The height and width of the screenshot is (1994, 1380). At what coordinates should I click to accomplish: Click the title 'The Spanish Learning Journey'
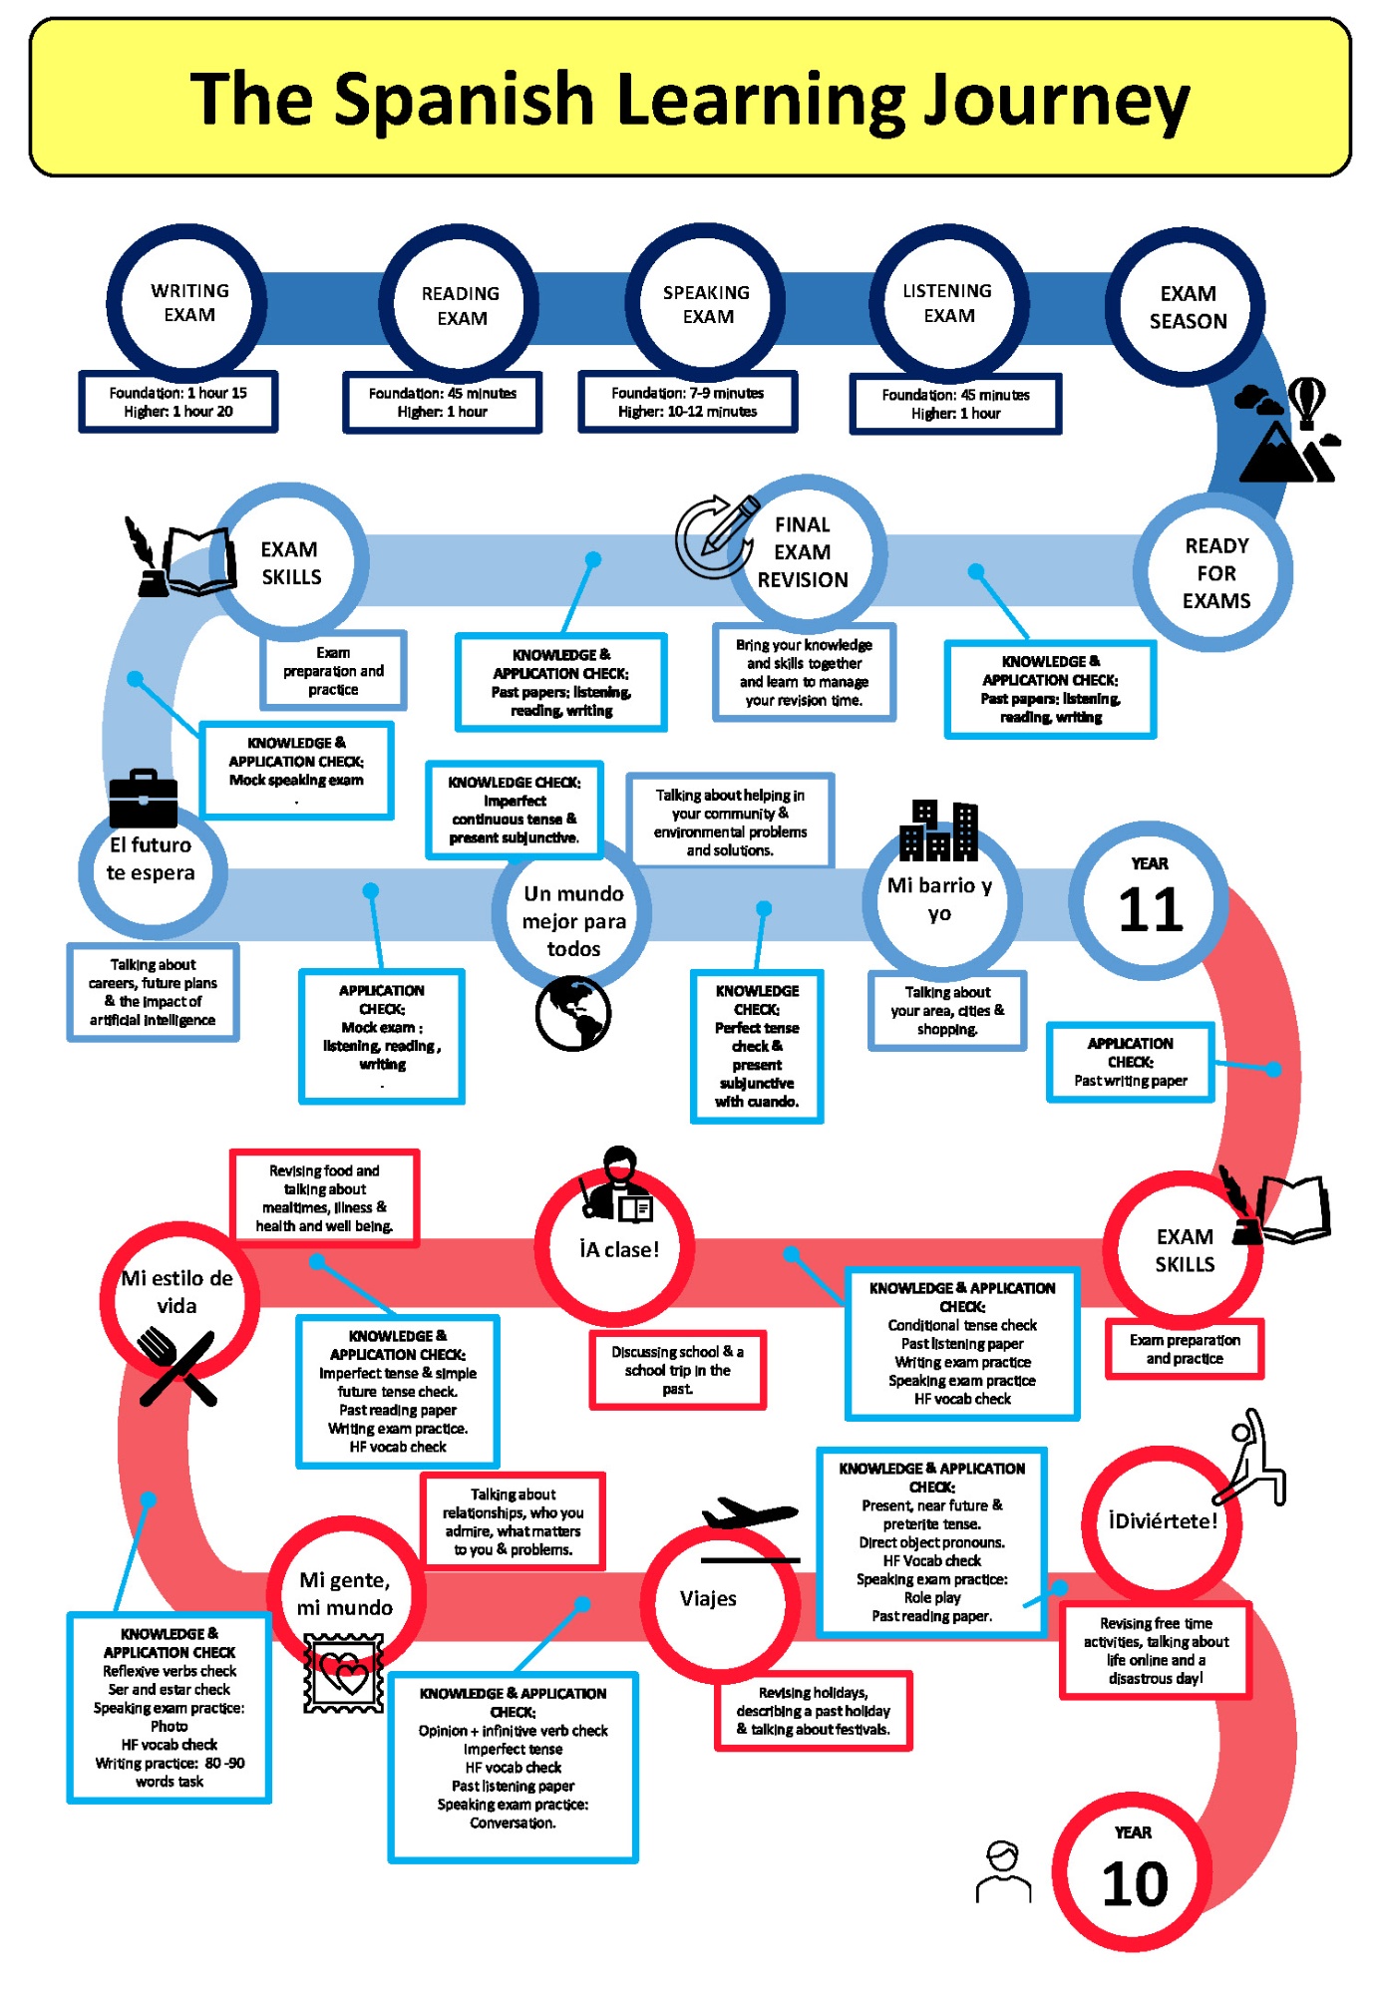[689, 99]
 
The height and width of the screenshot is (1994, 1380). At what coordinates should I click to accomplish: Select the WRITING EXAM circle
[188, 303]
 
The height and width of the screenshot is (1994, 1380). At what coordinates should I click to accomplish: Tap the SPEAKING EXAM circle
[707, 304]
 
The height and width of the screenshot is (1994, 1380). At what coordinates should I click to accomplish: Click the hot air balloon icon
[1306, 402]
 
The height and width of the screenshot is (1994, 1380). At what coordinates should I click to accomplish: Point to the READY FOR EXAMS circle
[1215, 573]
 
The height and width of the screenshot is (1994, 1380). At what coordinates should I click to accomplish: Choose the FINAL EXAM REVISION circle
[804, 552]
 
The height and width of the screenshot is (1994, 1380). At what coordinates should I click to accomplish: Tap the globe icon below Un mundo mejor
[572, 1013]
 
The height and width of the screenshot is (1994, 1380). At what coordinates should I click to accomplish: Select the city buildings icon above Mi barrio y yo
[938, 831]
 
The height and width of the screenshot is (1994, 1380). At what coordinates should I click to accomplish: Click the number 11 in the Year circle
[1150, 909]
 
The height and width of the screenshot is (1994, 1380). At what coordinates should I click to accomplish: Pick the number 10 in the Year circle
[1134, 1884]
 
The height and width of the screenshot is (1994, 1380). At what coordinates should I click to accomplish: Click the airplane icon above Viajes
[749, 1512]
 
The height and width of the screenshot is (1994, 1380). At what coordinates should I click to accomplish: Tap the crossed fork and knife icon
[177, 1367]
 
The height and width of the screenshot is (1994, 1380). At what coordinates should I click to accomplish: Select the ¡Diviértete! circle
[1162, 1521]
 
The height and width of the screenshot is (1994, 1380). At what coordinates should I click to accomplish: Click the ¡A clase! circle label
[619, 1249]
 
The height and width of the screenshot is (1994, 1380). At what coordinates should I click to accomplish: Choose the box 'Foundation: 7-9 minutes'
[687, 402]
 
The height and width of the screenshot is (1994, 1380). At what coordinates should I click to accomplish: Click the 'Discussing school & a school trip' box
[677, 1370]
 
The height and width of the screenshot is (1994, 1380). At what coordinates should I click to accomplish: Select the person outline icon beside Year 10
[1003, 1871]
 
